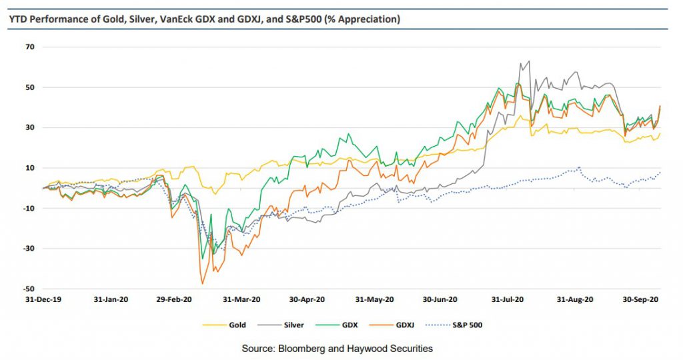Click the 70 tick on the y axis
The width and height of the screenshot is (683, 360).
tap(30, 47)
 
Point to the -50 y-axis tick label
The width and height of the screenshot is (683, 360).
tap(29, 289)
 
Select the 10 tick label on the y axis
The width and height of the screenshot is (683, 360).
tap(30, 168)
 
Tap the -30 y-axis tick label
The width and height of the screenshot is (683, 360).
tap(29, 249)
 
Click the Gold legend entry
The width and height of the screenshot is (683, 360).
tap(237, 325)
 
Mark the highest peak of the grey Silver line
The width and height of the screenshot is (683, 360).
tap(529, 61)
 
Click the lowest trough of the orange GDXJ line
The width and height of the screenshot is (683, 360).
tap(202, 284)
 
